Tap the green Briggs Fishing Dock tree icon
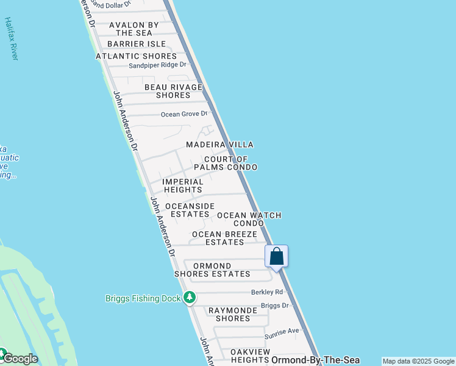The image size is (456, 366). pyautogui.click(x=190, y=298)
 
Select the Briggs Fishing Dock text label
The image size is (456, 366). pyautogui.click(x=143, y=298)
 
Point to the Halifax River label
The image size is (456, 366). pyautogui.click(x=11, y=38)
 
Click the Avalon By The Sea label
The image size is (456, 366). pyautogui.click(x=134, y=29)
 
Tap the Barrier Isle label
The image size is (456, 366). pyautogui.click(x=137, y=44)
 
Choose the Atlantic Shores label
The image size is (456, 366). pyautogui.click(x=136, y=56)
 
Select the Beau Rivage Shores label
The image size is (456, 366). pyautogui.click(x=173, y=91)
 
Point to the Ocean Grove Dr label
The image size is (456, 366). pyautogui.click(x=184, y=114)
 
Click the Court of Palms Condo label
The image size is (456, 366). pyautogui.click(x=226, y=163)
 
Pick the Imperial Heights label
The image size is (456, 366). pyautogui.click(x=183, y=185)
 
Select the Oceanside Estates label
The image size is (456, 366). pyautogui.click(x=190, y=210)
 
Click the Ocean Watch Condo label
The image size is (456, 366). pyautogui.click(x=249, y=219)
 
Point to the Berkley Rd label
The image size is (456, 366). pyautogui.click(x=268, y=292)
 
